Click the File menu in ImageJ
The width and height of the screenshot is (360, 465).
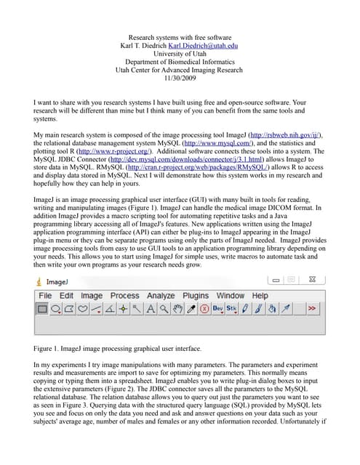[45, 296]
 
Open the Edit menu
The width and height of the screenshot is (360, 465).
[66, 296]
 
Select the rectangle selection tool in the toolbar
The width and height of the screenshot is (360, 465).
[43, 309]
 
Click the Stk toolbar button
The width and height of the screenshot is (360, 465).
[231, 309]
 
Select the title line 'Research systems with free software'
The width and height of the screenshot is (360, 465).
[180, 37]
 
